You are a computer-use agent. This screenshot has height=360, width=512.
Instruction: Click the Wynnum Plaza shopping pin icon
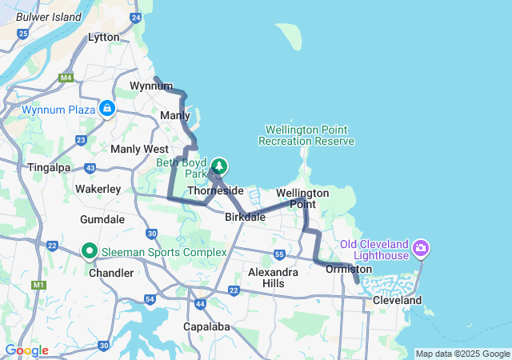(107, 108)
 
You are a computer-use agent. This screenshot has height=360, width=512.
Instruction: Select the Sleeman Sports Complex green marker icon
(90, 252)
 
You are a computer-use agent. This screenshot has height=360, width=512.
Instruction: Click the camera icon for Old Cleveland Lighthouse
(421, 249)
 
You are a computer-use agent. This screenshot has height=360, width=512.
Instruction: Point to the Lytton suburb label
(103, 37)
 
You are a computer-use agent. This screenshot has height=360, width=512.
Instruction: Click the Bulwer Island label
(49, 16)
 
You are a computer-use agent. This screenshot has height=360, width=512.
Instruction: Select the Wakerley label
(98, 189)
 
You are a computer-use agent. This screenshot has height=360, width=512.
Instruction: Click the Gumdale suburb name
(102, 218)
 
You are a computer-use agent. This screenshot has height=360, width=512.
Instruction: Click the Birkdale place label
(245, 217)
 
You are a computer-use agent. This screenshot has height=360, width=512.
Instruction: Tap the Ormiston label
(349, 270)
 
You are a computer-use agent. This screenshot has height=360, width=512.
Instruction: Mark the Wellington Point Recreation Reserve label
(306, 135)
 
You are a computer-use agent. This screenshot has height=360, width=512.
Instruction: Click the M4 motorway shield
(66, 78)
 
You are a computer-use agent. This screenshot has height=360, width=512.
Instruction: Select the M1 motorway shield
(38, 285)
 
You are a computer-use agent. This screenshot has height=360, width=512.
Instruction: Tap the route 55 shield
(279, 254)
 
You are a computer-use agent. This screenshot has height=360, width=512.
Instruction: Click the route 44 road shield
(200, 304)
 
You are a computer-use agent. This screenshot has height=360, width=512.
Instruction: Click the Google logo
(26, 350)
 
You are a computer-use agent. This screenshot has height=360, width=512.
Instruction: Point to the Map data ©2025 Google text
(462, 354)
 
